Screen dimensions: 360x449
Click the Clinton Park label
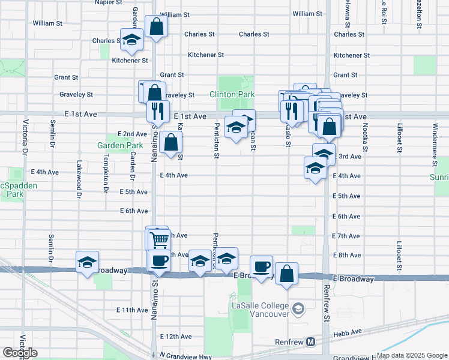coord(232,94)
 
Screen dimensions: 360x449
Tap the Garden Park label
coord(121,145)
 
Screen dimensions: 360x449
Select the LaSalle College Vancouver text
coord(261,310)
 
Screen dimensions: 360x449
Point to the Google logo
coord(20,353)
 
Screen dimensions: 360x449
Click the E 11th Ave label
coord(134,310)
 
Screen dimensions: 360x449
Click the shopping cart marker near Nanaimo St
coord(159,240)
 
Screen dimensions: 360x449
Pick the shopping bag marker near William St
coord(155,26)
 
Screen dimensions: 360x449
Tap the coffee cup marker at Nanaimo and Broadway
coord(159,260)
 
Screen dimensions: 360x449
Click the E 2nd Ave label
coord(132,134)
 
